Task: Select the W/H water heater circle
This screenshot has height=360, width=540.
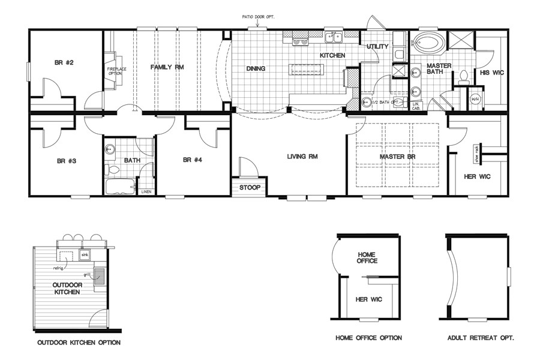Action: pyautogui.click(x=475, y=99)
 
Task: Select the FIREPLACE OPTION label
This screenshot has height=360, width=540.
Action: pyautogui.click(x=116, y=71)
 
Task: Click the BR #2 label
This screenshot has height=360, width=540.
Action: pyautogui.click(x=65, y=62)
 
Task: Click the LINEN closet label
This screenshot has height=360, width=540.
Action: pyautogui.click(x=146, y=191)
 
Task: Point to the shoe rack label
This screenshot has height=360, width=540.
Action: pyautogui.click(x=476, y=153)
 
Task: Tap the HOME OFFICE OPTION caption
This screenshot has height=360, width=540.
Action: pyautogui.click(x=368, y=338)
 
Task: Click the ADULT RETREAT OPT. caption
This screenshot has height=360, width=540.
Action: pyautogui.click(x=480, y=338)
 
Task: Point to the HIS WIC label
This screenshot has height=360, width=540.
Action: pyautogui.click(x=492, y=73)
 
